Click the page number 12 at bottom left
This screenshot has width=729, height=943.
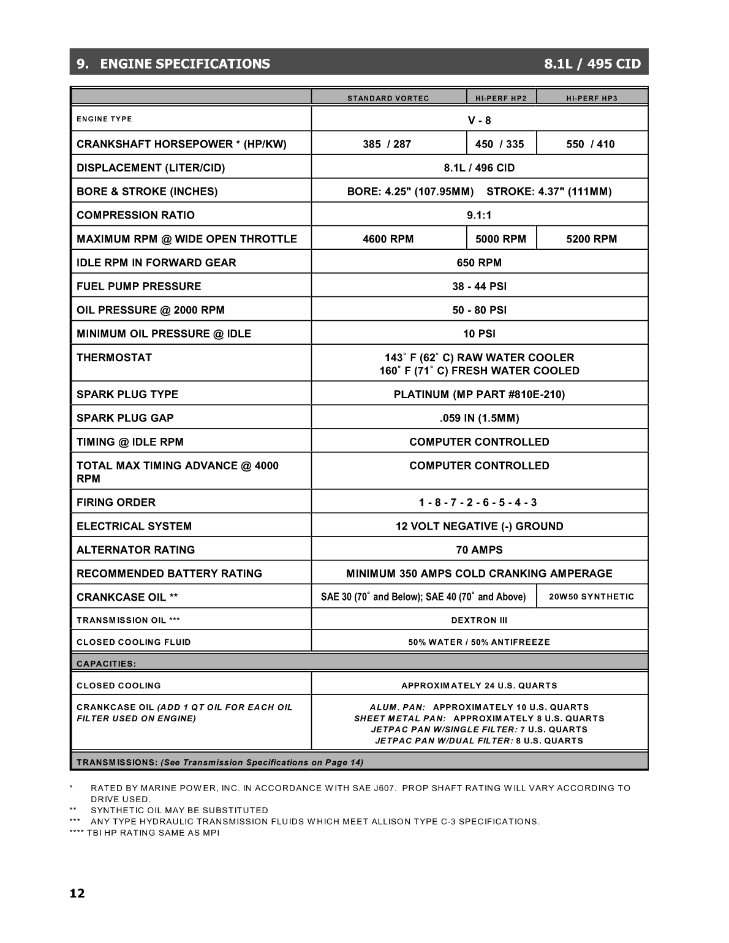click(x=77, y=893)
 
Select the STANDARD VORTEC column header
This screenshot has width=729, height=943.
click(x=388, y=98)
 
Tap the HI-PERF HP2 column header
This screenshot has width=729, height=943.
click(x=501, y=98)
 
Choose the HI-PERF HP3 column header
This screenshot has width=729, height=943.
click(x=592, y=98)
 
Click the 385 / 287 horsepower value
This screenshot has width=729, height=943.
click(x=387, y=144)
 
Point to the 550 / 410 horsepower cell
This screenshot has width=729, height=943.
click(x=591, y=144)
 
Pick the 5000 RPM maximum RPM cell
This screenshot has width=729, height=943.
click(x=500, y=239)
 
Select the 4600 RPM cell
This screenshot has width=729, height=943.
click(x=388, y=239)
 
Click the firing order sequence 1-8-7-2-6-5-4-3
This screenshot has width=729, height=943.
click(x=478, y=502)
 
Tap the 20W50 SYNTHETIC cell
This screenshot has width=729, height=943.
click(x=592, y=596)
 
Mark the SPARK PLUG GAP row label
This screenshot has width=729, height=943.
click(x=125, y=418)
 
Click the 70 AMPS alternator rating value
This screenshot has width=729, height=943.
click(x=479, y=550)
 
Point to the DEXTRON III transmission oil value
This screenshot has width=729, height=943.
click(x=479, y=620)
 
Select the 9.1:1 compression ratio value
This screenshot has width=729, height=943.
click(x=479, y=215)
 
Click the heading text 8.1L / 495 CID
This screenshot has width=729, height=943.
click(x=592, y=64)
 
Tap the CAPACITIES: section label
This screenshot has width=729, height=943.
click(x=107, y=664)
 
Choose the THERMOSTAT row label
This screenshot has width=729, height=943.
click(x=114, y=358)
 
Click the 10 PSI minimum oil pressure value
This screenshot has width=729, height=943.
click(x=479, y=334)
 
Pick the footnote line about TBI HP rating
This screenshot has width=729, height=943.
click(x=145, y=833)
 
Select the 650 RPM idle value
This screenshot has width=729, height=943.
click(x=479, y=263)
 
